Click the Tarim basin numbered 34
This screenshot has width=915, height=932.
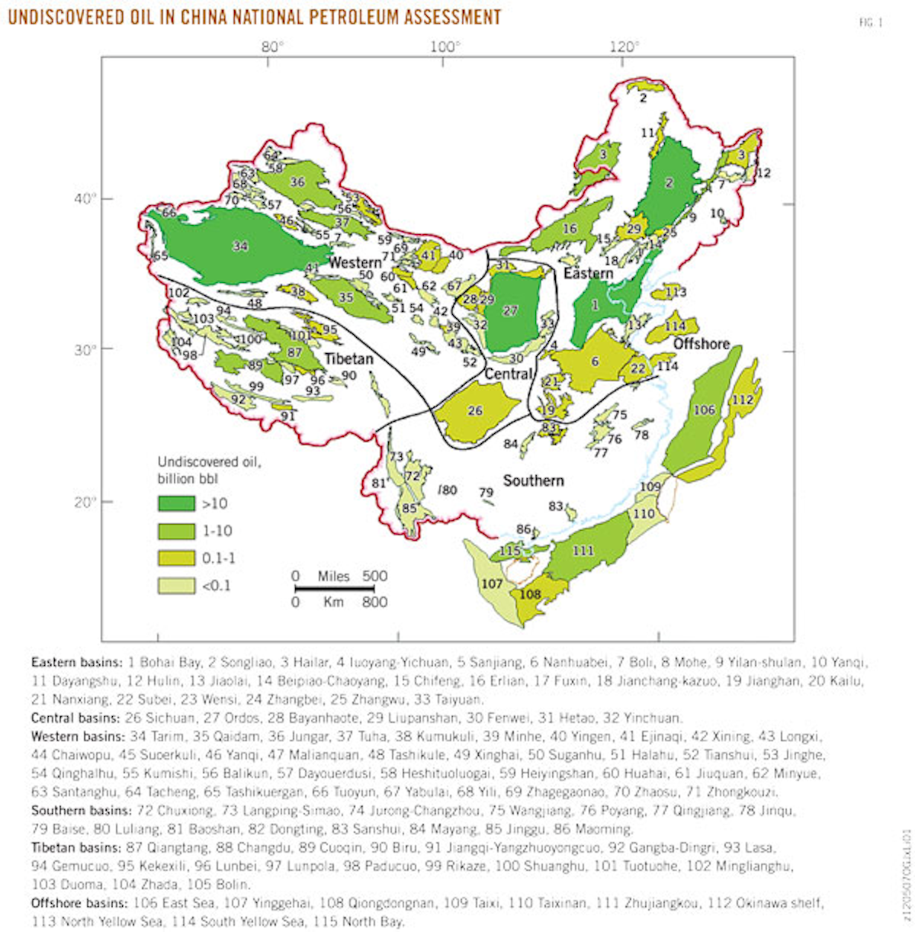[x=240, y=246]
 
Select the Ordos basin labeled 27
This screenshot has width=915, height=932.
[x=510, y=311]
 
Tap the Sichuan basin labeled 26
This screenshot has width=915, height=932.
[x=475, y=411]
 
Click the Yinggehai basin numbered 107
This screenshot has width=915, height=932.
[x=493, y=584]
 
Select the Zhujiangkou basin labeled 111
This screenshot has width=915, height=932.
[x=583, y=551]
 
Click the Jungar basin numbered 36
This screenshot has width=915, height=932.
[x=297, y=182]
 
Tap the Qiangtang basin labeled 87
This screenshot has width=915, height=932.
[x=294, y=352]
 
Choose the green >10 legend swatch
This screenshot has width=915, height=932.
[x=176, y=503]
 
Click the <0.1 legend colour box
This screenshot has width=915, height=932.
[x=176, y=586]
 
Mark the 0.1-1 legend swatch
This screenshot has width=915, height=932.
[x=176, y=558]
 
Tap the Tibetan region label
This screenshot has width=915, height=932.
[x=348, y=359]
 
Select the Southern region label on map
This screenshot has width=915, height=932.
[x=533, y=480]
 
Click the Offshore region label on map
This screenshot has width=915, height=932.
[x=701, y=344]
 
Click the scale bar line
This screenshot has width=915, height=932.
[x=341, y=589]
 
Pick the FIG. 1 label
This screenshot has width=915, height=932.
[x=870, y=23]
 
